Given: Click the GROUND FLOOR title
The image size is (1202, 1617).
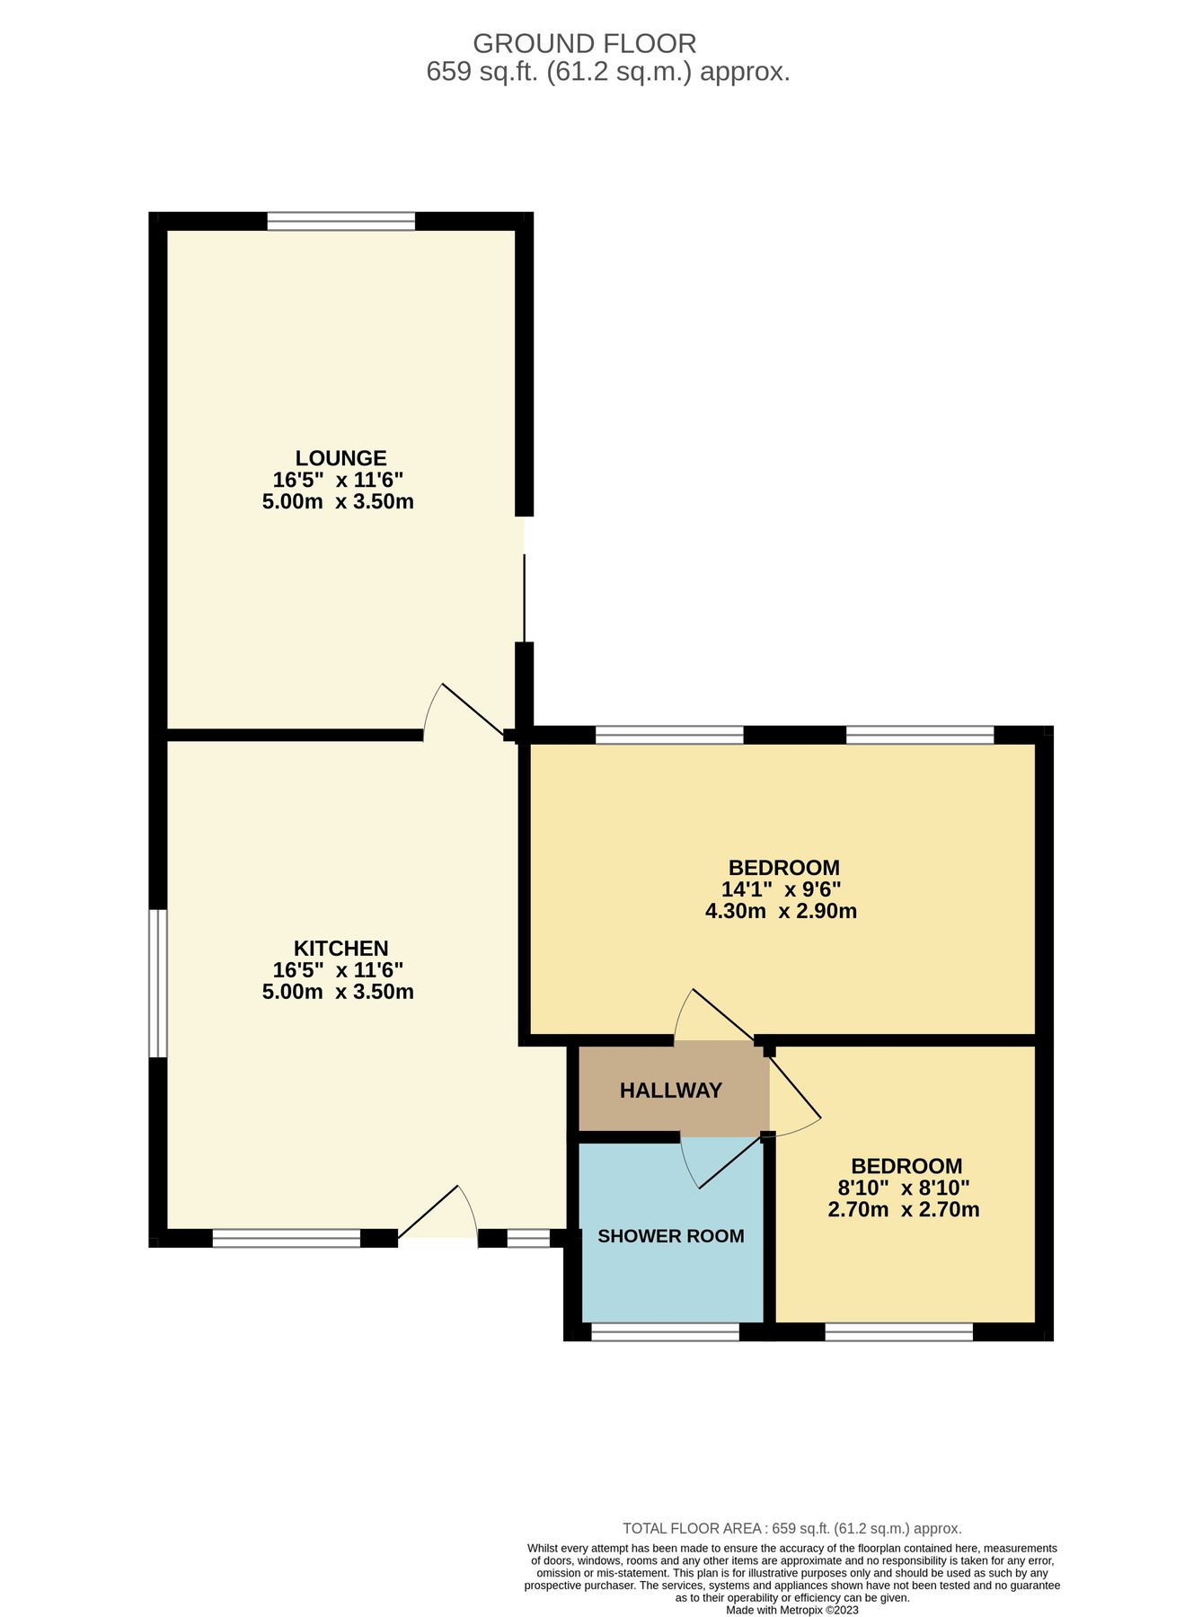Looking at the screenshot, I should click(x=584, y=43).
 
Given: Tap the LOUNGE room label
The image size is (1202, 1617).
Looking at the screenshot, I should click(x=341, y=458).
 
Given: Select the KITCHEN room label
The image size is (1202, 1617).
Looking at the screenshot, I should click(x=340, y=949).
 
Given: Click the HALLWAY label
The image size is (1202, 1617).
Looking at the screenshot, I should click(x=671, y=1091).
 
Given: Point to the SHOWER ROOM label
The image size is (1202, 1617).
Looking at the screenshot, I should click(x=671, y=1236).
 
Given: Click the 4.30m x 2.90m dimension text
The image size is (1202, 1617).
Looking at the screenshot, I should click(x=781, y=912).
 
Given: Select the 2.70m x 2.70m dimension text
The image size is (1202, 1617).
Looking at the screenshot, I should click(x=904, y=1210).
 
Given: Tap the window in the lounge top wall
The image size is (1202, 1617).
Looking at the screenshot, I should click(x=341, y=221).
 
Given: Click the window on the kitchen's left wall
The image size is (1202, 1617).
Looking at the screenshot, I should click(x=158, y=983).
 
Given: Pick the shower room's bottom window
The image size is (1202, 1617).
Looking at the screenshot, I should click(x=665, y=1331).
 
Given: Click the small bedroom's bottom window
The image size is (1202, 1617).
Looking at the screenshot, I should click(x=898, y=1331).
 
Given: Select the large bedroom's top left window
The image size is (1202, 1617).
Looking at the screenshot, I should click(x=669, y=735).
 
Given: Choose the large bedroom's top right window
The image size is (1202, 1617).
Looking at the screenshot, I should click(x=920, y=735).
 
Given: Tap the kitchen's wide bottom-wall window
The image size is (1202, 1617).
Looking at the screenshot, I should click(x=286, y=1238).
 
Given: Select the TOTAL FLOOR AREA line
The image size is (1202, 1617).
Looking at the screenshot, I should click(x=791, y=1528).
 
